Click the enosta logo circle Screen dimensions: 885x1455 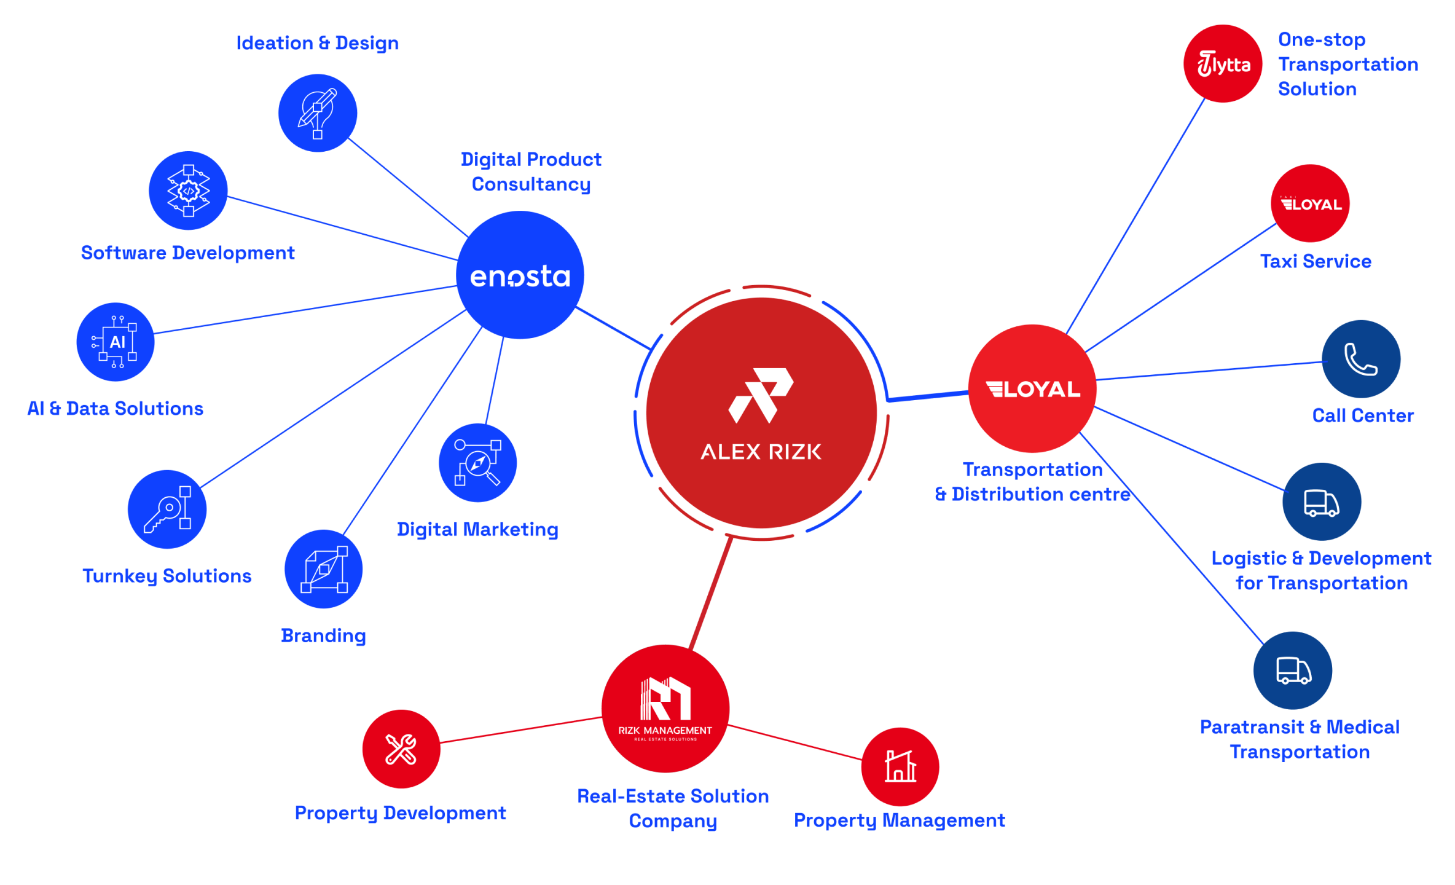click(520, 275)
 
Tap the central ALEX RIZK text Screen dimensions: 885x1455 click(761, 452)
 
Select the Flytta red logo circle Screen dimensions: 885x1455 click(1222, 63)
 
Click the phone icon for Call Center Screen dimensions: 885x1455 click(1360, 359)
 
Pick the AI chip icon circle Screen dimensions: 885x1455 click(116, 342)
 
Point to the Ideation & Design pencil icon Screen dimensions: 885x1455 click(317, 113)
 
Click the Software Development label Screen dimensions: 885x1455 click(187, 253)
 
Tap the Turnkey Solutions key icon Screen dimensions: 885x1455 click(167, 509)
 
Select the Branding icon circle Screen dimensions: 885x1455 click(323, 568)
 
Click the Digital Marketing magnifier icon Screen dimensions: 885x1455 click(477, 462)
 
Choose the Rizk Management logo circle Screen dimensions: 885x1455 click(665, 708)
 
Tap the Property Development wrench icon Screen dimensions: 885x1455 click(401, 749)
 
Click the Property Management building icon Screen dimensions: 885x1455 click(900, 766)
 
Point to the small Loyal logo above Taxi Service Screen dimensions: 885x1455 click(1310, 203)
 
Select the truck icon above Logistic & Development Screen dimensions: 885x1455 click(1321, 502)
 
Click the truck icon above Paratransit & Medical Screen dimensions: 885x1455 click(1292, 670)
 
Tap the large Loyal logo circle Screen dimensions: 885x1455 click(1032, 388)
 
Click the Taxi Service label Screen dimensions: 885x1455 click(1316, 261)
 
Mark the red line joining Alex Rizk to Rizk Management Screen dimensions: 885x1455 click(710, 593)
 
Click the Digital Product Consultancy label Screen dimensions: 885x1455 click(531, 171)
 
